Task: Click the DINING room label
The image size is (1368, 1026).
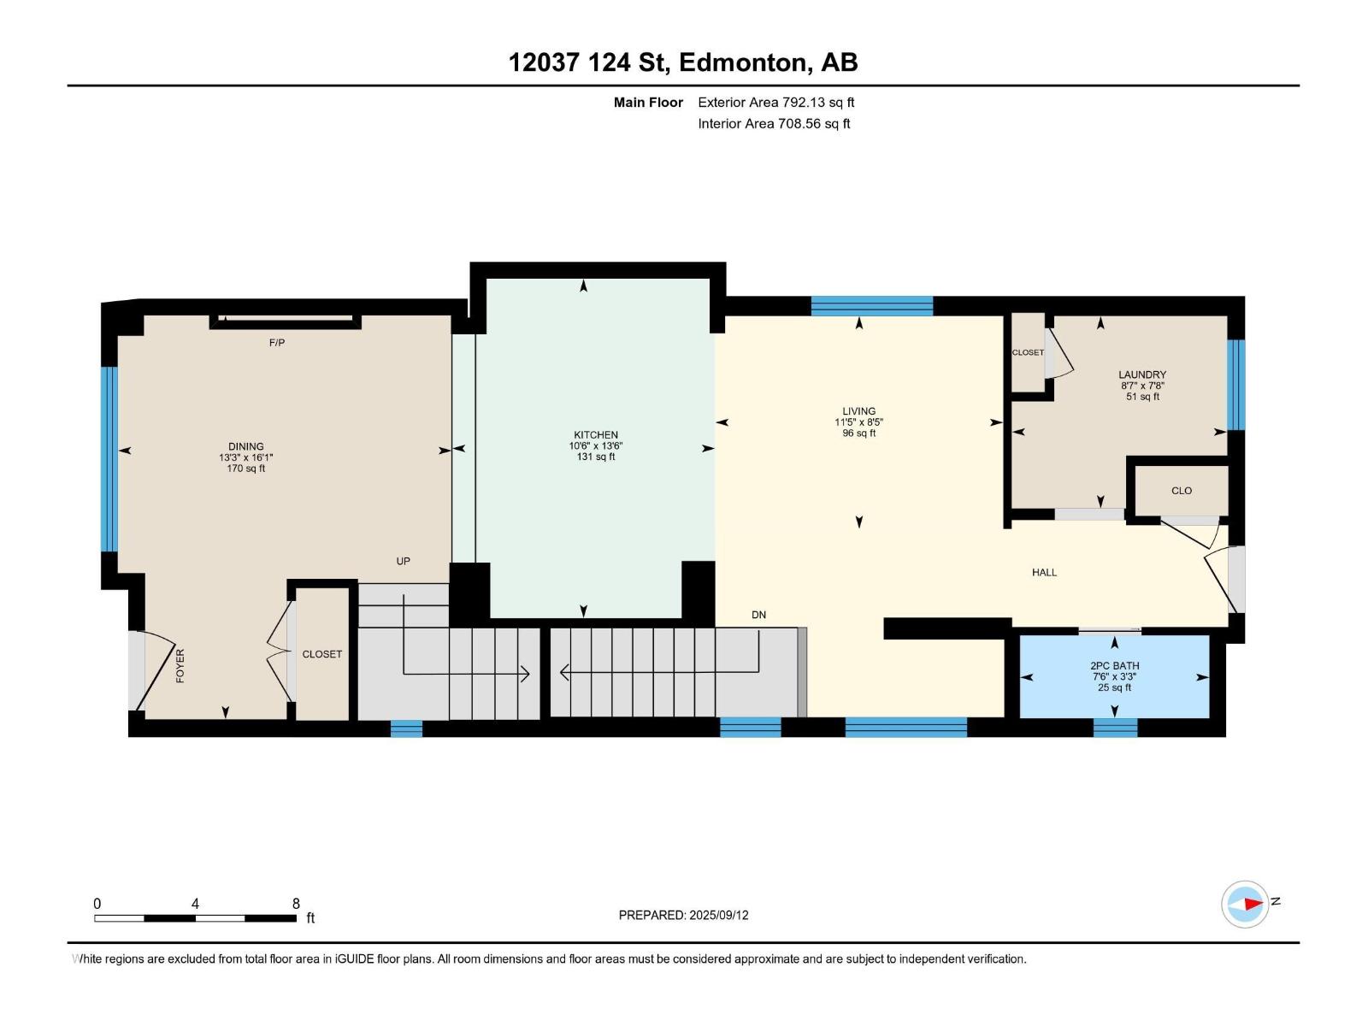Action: pyautogui.click(x=245, y=446)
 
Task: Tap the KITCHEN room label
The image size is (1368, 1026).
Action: pyautogui.click(x=596, y=435)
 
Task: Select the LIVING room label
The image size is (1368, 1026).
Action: pyautogui.click(x=858, y=411)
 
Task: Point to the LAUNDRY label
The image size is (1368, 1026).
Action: pyautogui.click(x=1141, y=374)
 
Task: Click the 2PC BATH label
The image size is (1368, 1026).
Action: pyautogui.click(x=1114, y=665)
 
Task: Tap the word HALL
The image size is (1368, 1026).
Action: pyautogui.click(x=1044, y=573)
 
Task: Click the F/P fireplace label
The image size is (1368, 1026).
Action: pyautogui.click(x=277, y=343)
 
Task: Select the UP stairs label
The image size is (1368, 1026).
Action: pyautogui.click(x=404, y=561)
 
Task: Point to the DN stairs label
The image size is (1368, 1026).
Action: pyautogui.click(x=758, y=615)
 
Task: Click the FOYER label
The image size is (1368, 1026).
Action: pyautogui.click(x=180, y=666)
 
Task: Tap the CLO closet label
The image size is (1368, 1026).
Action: pyautogui.click(x=1181, y=491)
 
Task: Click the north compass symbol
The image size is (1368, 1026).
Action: pyautogui.click(x=1245, y=904)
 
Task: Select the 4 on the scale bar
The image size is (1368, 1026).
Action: pyautogui.click(x=195, y=904)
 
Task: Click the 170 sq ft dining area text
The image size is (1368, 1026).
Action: pyautogui.click(x=245, y=469)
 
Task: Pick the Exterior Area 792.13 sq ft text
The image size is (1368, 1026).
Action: pyautogui.click(x=776, y=102)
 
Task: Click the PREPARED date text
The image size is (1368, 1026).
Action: pyautogui.click(x=684, y=915)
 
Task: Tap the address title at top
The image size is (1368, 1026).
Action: pyautogui.click(x=683, y=62)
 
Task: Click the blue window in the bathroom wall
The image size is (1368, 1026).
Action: pyautogui.click(x=1115, y=728)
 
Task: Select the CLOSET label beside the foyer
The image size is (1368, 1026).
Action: pyautogui.click(x=321, y=654)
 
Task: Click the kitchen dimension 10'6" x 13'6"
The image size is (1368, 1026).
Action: pyautogui.click(x=596, y=446)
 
